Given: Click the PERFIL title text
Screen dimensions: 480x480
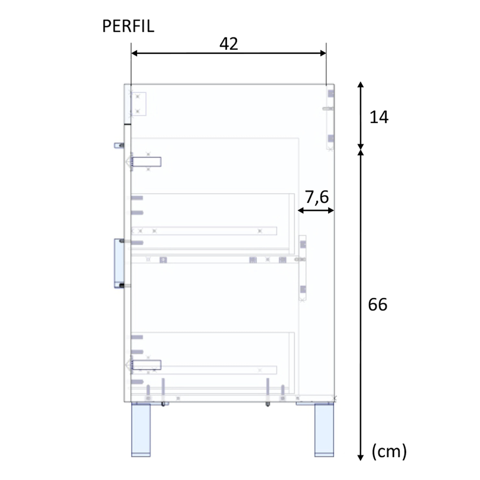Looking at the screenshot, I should pyautogui.click(x=128, y=26).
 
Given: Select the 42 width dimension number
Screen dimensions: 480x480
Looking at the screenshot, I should pyautogui.click(x=228, y=44).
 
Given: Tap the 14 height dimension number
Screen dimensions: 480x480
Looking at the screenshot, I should pyautogui.click(x=379, y=117).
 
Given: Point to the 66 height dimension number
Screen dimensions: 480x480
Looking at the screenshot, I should pyautogui.click(x=378, y=305).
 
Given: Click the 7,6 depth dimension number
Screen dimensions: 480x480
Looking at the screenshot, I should pyautogui.click(x=317, y=197).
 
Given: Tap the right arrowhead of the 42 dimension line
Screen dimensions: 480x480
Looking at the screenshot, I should pyautogui.click(x=323, y=53).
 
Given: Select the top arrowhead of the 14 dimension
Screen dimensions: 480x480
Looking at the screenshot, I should pyautogui.click(x=360, y=85).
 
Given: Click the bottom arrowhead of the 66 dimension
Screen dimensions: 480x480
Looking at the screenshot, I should pyautogui.click(x=360, y=457).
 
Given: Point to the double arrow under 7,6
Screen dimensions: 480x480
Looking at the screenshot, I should pyautogui.click(x=316, y=211).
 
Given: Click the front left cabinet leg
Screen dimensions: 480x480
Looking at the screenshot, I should pyautogui.click(x=141, y=429).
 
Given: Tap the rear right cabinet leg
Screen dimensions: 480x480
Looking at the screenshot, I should pyautogui.click(x=324, y=429).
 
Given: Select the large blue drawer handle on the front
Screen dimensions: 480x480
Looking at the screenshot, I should pyautogui.click(x=119, y=263).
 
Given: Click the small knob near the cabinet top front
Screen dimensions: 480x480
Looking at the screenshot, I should pyautogui.click(x=119, y=146).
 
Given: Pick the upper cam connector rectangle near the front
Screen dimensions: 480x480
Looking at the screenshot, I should pyautogui.click(x=146, y=162).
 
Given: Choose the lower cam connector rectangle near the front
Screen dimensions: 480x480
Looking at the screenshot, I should pyautogui.click(x=146, y=365).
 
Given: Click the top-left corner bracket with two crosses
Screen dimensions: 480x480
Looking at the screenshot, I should pyautogui.click(x=138, y=104).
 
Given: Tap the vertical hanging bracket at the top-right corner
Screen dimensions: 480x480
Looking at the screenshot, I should pyautogui.click(x=330, y=117).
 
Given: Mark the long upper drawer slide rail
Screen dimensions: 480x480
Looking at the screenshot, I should pyautogui.click(x=204, y=231).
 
